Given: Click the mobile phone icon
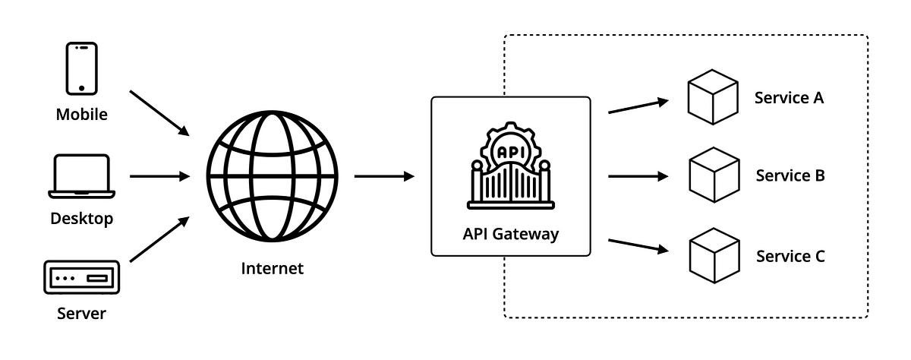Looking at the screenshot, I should (81, 68).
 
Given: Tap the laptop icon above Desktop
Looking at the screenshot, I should (81, 177).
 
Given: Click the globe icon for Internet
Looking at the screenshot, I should (272, 177).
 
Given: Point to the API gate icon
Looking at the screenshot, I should (510, 166).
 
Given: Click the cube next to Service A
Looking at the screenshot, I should (713, 96).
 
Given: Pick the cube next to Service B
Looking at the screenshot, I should (714, 175).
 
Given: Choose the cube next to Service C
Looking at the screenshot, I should (714, 255).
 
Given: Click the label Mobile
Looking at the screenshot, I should (81, 115).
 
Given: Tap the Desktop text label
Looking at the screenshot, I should (81, 219).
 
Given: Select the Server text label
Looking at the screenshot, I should (81, 314).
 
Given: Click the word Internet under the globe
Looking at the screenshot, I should (272, 268).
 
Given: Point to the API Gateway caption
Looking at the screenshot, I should (510, 234).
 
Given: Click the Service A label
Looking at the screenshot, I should (789, 97).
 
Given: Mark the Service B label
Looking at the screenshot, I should (790, 175).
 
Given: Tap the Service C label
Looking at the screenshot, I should (790, 256).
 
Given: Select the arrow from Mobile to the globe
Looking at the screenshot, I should (159, 113).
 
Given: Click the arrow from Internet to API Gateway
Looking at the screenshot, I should (384, 177).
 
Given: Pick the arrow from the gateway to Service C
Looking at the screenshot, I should (638, 246).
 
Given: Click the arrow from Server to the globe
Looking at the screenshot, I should (159, 239).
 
